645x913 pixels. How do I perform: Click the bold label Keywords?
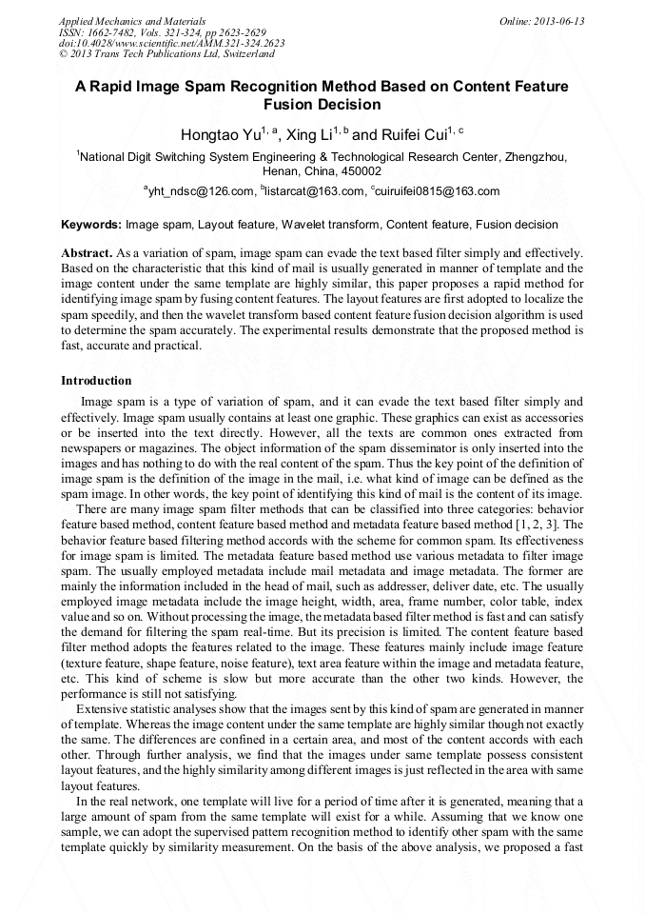click(90, 225)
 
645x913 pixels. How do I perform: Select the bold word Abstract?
click(86, 255)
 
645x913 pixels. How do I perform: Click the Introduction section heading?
click(96, 381)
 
